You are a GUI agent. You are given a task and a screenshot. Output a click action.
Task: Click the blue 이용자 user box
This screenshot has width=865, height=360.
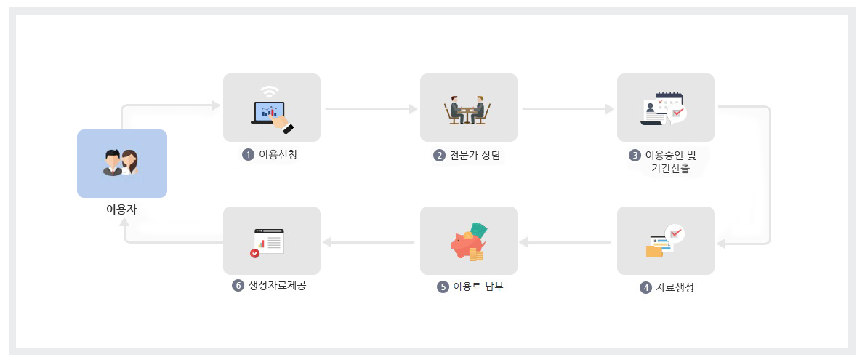pos(122,163)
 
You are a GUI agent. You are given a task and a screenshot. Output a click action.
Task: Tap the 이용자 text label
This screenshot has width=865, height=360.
pos(121,210)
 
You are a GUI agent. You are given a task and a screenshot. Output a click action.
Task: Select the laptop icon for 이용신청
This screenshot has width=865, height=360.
pos(271,109)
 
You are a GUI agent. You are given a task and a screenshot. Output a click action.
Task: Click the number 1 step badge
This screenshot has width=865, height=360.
pos(248,154)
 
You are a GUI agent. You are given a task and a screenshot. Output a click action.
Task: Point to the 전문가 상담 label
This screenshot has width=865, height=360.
pos(476,155)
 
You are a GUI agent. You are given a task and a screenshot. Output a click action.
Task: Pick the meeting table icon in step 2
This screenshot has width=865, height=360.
pos(468,111)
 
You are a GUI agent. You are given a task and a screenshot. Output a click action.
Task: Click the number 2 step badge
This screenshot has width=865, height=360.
pos(439,155)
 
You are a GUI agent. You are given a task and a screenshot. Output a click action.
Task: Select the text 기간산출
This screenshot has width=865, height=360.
pos(670,169)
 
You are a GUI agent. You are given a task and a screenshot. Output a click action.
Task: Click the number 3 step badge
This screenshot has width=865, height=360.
pos(635,155)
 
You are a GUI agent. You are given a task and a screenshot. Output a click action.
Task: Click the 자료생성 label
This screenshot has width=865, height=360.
pos(675,287)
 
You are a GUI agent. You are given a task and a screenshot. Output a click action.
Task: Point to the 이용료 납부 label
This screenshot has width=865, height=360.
pos(478,287)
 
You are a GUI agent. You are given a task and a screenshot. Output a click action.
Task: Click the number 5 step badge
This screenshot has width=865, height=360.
pos(443,287)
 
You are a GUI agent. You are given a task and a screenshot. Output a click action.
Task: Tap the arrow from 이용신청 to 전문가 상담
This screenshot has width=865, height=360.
pos(371,109)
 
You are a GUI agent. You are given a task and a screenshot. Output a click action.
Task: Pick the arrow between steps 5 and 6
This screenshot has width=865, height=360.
pos(369,241)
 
